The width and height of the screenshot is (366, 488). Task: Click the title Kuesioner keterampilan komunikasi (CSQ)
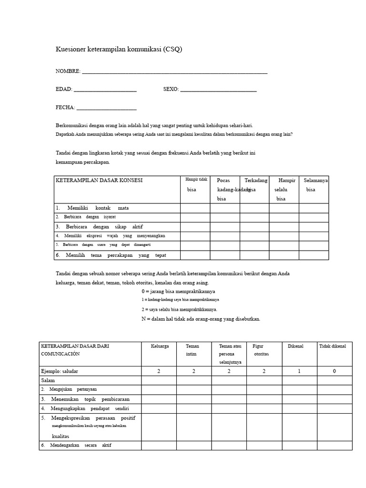point(119,49)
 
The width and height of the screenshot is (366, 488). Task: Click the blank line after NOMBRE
point(174,72)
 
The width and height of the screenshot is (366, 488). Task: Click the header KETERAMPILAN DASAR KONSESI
point(99,181)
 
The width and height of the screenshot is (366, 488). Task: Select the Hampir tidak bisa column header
point(195,184)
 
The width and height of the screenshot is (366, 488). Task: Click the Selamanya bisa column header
point(314,185)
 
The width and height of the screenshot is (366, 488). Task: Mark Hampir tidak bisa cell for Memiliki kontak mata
point(195,208)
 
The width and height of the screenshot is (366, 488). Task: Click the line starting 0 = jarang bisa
point(178,291)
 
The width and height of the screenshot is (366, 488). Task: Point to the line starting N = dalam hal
point(201,319)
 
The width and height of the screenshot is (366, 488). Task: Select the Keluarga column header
point(160,346)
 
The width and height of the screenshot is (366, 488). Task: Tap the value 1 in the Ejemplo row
point(299,371)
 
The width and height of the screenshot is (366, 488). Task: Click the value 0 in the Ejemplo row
point(334,371)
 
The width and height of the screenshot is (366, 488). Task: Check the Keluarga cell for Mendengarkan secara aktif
point(160,446)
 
